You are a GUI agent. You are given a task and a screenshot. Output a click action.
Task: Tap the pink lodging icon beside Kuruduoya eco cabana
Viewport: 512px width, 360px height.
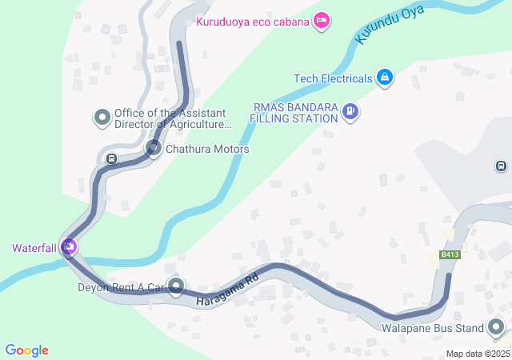[321, 21]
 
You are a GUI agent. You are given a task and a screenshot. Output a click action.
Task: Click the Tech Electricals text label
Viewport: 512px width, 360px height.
[333, 78]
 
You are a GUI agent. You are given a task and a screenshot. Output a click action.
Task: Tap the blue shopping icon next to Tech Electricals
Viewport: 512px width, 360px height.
[385, 78]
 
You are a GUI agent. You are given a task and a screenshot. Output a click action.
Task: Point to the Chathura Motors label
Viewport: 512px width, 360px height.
[207, 150]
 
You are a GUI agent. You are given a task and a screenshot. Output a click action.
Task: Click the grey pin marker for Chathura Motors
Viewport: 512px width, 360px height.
[154, 148]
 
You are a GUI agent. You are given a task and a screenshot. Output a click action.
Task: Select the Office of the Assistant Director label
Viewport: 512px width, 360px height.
[171, 118]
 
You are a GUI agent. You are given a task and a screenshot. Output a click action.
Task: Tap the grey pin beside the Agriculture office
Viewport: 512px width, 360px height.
[102, 118]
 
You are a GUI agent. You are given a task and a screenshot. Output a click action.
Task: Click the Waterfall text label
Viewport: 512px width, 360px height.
[34, 248]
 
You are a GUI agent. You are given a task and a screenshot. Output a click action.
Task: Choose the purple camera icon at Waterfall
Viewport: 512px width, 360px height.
[70, 247]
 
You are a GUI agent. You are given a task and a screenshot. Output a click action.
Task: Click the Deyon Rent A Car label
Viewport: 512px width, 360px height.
[120, 286]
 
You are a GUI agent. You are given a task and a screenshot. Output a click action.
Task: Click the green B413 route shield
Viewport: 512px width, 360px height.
[450, 255]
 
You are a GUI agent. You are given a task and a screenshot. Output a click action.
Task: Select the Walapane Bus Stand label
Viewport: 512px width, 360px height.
[433, 328]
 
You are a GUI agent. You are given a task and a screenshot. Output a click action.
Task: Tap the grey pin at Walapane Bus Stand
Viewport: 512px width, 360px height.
[496, 327]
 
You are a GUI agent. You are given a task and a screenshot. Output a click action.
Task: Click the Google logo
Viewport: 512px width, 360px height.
[27, 350]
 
